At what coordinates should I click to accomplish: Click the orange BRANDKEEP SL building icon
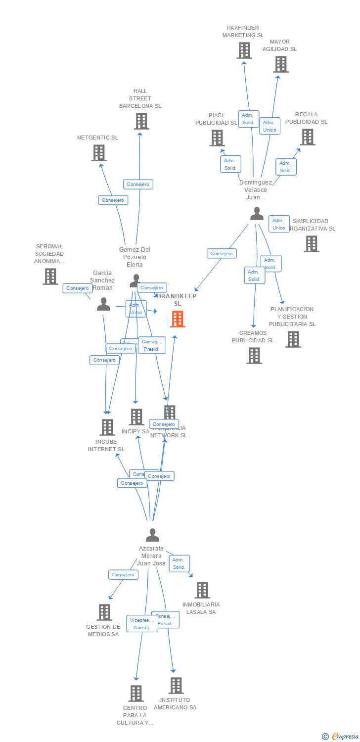(178, 319)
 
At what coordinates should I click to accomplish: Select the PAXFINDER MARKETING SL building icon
(244, 50)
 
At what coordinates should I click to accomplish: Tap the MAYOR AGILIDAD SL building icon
(281, 64)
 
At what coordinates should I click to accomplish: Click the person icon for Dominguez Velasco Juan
(257, 214)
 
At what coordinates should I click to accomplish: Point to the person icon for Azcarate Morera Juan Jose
(152, 535)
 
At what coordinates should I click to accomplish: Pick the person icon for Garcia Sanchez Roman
(103, 304)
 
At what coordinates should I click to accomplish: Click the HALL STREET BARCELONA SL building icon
(141, 121)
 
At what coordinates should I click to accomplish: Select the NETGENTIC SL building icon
(99, 153)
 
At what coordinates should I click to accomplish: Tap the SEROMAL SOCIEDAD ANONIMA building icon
(50, 277)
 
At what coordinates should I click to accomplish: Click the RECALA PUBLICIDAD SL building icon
(307, 137)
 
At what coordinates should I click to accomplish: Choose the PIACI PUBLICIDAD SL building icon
(217, 138)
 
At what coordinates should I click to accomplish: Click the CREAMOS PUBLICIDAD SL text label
(253, 337)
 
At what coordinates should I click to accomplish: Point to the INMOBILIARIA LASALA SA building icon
(202, 590)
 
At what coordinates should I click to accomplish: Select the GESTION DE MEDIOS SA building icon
(104, 612)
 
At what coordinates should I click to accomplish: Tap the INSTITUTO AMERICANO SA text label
(175, 704)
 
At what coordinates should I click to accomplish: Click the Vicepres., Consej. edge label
(142, 624)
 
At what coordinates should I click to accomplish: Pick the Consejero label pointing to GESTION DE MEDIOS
(123, 575)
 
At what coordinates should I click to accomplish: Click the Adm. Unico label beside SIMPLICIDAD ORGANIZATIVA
(279, 224)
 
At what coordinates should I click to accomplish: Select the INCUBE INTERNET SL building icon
(107, 427)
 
